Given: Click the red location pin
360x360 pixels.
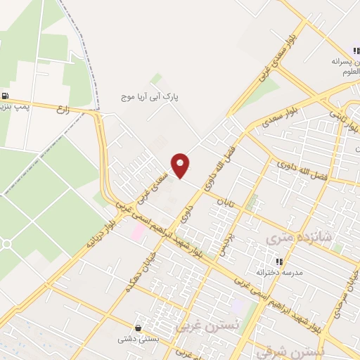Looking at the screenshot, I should [181, 165].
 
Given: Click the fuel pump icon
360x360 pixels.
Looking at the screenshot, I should [6, 96].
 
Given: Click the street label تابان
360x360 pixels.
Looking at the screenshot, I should [224, 205].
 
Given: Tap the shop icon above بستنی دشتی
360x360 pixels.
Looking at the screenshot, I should [139, 328].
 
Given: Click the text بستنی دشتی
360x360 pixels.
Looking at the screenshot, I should [138, 338].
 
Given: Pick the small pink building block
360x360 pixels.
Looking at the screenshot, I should [139, 231].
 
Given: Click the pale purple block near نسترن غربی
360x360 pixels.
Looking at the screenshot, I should [238, 307].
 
